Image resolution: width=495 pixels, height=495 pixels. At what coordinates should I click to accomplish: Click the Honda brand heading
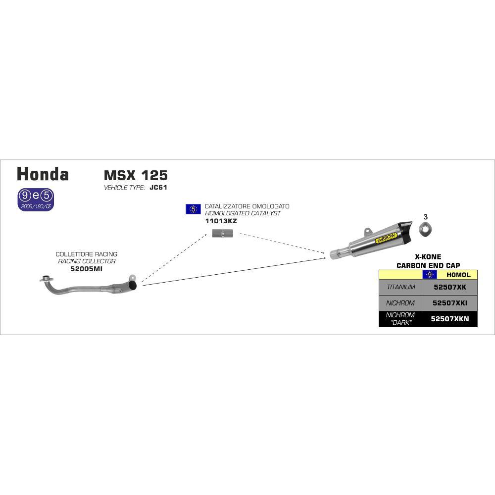tap(43, 174)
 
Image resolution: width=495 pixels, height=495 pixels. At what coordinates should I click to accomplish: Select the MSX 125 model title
tap(136, 175)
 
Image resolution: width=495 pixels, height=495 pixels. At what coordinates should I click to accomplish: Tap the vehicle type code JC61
tap(158, 187)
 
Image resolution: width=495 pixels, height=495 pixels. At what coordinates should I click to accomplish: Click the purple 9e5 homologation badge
tap(36, 199)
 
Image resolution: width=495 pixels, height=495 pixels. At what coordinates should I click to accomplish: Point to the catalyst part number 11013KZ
tap(221, 221)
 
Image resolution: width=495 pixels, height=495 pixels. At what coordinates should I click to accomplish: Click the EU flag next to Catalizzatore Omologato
tap(193, 209)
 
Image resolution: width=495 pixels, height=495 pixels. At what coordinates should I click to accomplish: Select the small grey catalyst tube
tap(222, 234)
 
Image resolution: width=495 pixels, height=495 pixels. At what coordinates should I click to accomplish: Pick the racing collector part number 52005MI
tap(86, 269)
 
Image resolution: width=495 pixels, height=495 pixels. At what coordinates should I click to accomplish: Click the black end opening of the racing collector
tap(133, 286)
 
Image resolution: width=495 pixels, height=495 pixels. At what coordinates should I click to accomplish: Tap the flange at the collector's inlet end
tap(46, 279)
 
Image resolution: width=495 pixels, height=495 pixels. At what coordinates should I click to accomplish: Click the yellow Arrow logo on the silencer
tap(387, 239)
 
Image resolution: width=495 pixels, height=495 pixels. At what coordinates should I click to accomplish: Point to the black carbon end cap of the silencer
tap(407, 229)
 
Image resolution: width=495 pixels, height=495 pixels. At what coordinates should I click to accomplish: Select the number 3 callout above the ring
tap(426, 217)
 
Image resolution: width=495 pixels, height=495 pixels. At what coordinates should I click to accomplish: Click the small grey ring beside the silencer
tap(425, 229)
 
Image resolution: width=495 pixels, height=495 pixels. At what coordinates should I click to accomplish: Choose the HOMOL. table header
tap(459, 275)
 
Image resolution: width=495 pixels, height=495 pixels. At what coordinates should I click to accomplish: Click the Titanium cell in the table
tap(400, 287)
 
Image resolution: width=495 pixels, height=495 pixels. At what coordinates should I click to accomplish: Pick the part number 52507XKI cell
tap(450, 303)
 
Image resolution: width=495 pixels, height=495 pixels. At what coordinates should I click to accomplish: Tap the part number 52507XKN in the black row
tap(450, 319)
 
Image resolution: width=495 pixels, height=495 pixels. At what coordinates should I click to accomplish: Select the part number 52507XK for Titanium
tap(450, 287)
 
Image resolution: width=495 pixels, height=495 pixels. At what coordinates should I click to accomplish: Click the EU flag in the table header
tap(430, 275)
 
